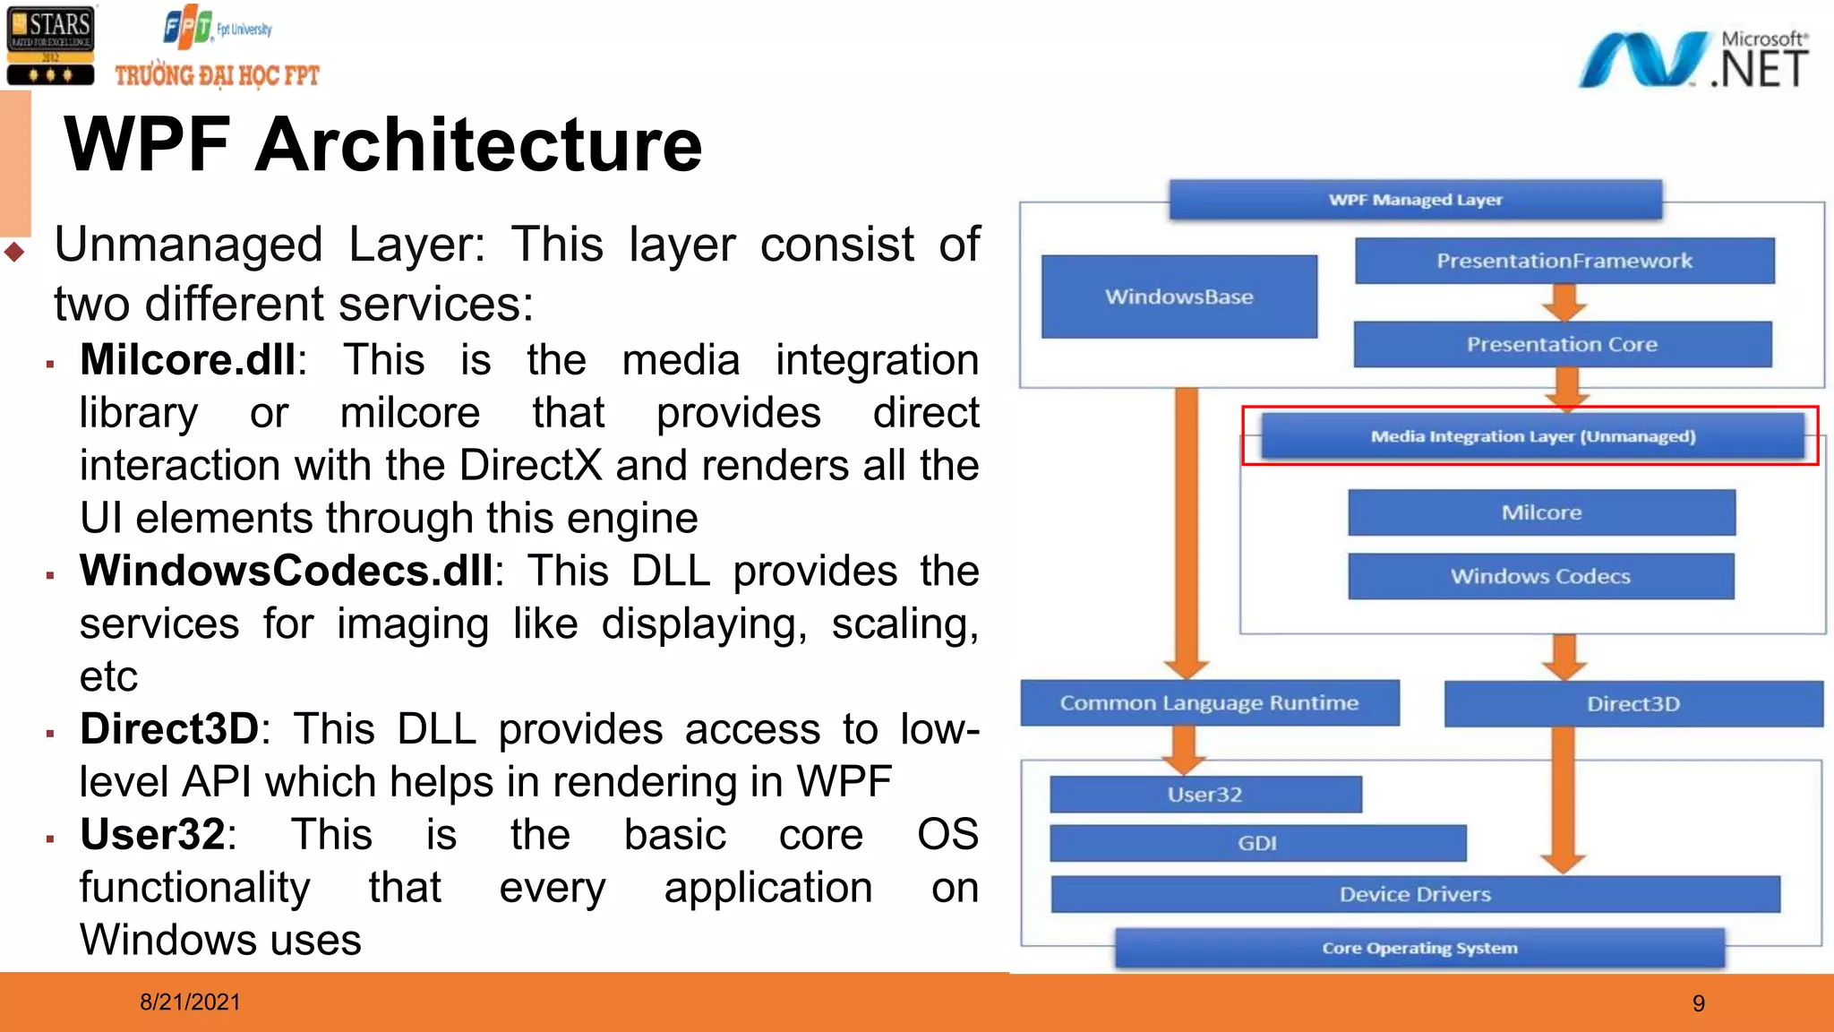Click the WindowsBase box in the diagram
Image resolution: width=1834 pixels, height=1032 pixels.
tap(1178, 297)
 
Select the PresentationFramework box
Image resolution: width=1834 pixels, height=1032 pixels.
tap(1564, 261)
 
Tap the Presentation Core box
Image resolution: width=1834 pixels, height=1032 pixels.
tap(1562, 344)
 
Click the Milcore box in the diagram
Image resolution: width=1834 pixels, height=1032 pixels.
tap(1541, 512)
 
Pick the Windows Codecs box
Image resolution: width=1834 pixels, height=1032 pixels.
tap(1540, 576)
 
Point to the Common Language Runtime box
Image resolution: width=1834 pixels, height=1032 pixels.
tap(1209, 703)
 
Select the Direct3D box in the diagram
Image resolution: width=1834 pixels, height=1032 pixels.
tap(1633, 704)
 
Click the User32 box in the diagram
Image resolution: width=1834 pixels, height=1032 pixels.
tap(1204, 795)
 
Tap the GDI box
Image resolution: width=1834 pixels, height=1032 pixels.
tap(1257, 843)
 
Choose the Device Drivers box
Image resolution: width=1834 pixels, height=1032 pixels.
tap(1415, 894)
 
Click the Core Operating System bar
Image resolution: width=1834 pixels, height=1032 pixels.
tap(1419, 948)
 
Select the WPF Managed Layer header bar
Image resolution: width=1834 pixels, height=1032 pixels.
tap(1415, 200)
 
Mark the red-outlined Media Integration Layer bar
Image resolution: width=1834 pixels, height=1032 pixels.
tap(1532, 436)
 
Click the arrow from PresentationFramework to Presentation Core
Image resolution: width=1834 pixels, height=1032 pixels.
tap(1564, 303)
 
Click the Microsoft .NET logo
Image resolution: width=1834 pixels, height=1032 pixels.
tap(1693, 60)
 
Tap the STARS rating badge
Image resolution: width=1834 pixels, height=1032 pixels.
tap(50, 46)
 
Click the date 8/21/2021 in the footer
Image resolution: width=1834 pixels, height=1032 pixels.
tap(190, 1002)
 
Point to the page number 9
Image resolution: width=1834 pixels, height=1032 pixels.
tap(1698, 1003)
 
